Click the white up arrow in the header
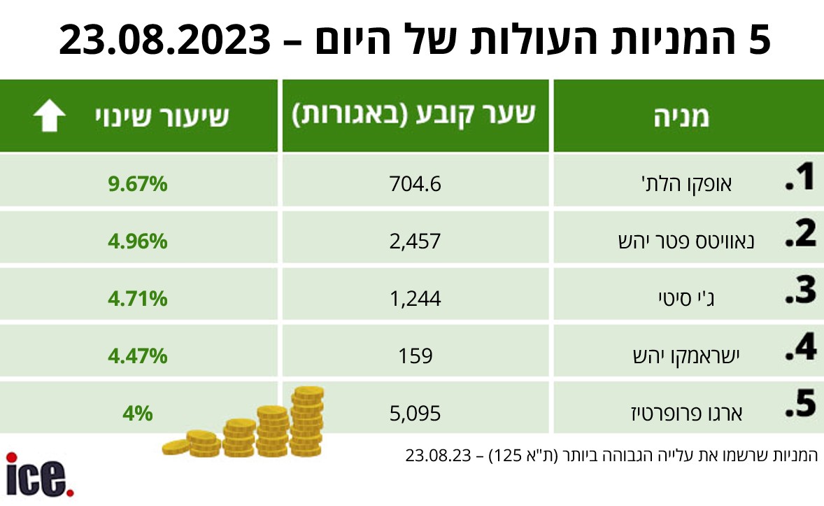pos(50,117)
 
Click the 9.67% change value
pos(138,185)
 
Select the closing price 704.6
pos(415,185)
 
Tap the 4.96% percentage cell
pos(138,242)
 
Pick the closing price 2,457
pos(415,242)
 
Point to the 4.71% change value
pos(138,300)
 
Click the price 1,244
pos(415,300)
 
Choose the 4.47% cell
pos(138,356)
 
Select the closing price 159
pos(415,356)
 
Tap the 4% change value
pos(138,413)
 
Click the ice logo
pos(39,475)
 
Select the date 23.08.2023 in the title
pos(165,40)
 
